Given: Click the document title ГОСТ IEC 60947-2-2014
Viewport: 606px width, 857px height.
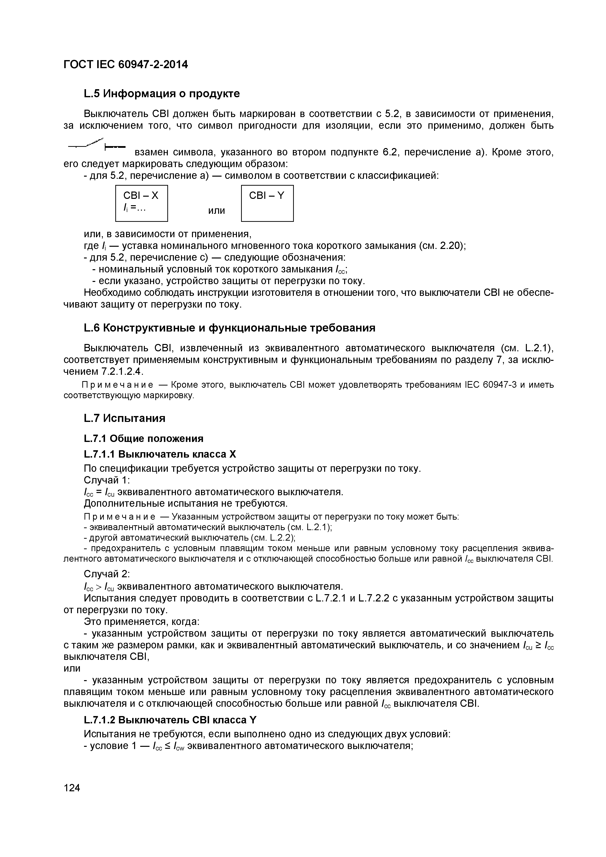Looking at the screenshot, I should click(126, 64).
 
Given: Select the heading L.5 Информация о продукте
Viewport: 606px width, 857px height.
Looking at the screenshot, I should click(161, 93).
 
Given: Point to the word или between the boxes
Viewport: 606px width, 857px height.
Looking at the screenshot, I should click(216, 211).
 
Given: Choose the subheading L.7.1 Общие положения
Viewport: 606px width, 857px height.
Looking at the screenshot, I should click(144, 438).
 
